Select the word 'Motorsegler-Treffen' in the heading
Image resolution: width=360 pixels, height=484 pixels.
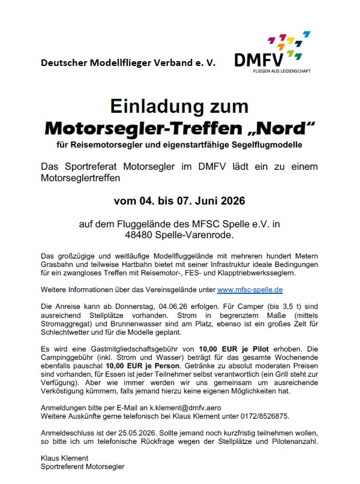pyautogui.click(x=140, y=127)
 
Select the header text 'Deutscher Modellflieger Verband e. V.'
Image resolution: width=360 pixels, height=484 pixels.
pyautogui.click(x=128, y=62)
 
